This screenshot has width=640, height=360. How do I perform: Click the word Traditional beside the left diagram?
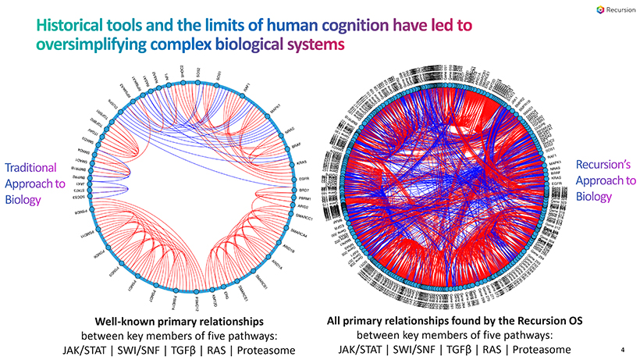click(x=30, y=167)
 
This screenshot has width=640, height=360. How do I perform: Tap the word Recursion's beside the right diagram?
click(x=597, y=164)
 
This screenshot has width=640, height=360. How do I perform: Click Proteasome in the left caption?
click(x=265, y=348)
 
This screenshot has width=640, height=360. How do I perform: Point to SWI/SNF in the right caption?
click(x=409, y=348)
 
